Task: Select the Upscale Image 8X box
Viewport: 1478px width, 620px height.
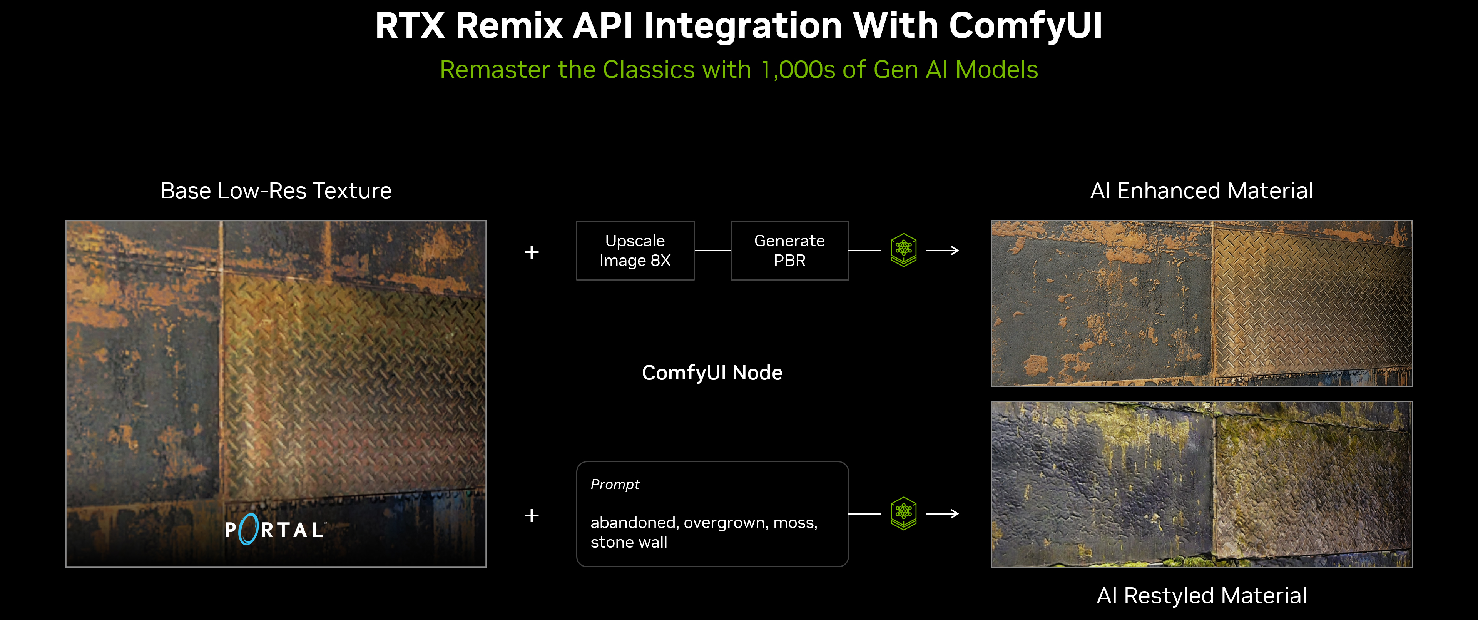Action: click(635, 251)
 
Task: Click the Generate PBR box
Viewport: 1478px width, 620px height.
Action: click(789, 251)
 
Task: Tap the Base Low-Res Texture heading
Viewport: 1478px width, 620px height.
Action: click(276, 191)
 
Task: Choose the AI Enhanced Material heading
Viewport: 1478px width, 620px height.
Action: click(1201, 191)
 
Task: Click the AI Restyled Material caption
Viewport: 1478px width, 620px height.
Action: click(1201, 595)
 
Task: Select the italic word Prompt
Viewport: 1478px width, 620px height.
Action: click(615, 485)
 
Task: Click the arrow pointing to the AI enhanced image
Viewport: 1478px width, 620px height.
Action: click(943, 251)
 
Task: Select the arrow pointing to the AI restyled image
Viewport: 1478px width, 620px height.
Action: click(943, 514)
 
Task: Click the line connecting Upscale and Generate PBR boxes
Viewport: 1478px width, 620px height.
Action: click(712, 251)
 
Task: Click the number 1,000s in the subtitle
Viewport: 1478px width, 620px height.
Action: click(798, 70)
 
